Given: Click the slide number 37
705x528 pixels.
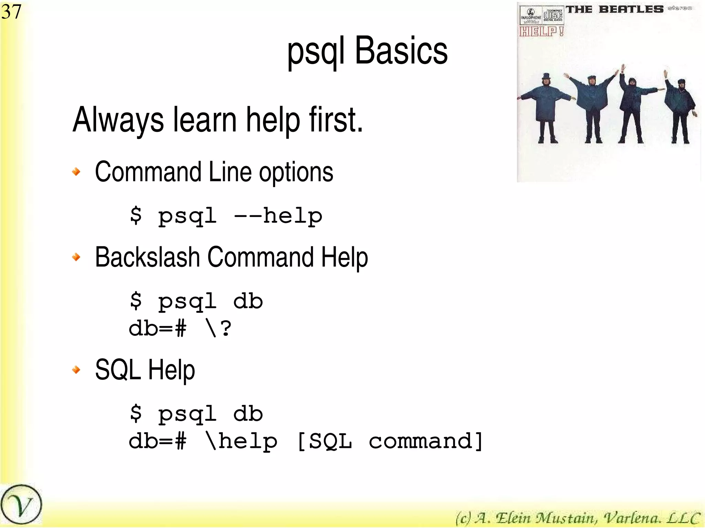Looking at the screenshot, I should click(11, 12).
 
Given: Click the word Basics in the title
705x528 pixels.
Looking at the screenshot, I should click(401, 51).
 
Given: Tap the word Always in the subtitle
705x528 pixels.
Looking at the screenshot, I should click(118, 120).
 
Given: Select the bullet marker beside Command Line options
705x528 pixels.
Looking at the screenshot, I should click(76, 171).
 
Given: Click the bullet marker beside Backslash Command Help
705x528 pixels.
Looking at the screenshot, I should click(76, 257).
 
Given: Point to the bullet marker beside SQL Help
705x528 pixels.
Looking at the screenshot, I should click(76, 369).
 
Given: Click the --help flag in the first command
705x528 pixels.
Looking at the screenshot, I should click(278, 216).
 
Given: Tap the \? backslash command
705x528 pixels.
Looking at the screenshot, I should click(218, 328).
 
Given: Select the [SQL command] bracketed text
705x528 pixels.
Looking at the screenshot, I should click(390, 441).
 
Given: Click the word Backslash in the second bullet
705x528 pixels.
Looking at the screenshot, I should click(147, 257).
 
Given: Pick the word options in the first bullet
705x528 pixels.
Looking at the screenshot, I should click(296, 173).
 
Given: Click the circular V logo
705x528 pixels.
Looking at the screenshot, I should click(21, 505).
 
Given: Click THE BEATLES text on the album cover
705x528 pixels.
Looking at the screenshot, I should click(615, 9).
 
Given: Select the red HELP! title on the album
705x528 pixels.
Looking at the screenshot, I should click(541, 31).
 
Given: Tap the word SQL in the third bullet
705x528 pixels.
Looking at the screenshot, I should click(118, 370).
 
